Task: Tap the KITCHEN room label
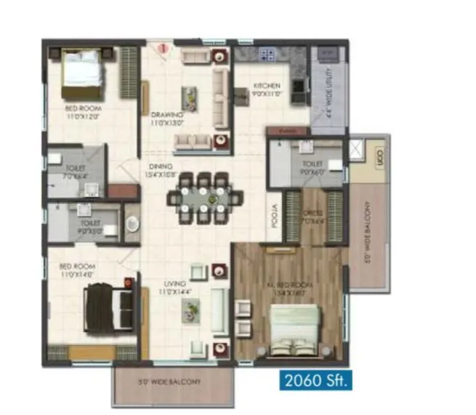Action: point(267,89)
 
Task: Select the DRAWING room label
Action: point(166,118)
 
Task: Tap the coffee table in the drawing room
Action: point(189,94)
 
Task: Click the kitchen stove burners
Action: point(266,53)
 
